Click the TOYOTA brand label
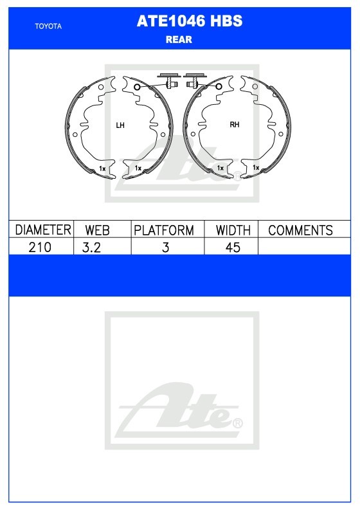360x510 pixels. (x=48, y=26)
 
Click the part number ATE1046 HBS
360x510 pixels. (x=190, y=21)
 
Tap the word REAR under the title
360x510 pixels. (x=179, y=40)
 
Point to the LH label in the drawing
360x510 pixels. (x=120, y=125)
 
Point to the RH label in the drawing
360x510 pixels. (x=235, y=125)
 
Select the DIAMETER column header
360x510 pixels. (x=43, y=230)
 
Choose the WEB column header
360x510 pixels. (x=97, y=230)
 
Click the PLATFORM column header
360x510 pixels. (x=164, y=230)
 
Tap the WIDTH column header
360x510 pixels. (x=233, y=230)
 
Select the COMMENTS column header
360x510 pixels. (x=300, y=230)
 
